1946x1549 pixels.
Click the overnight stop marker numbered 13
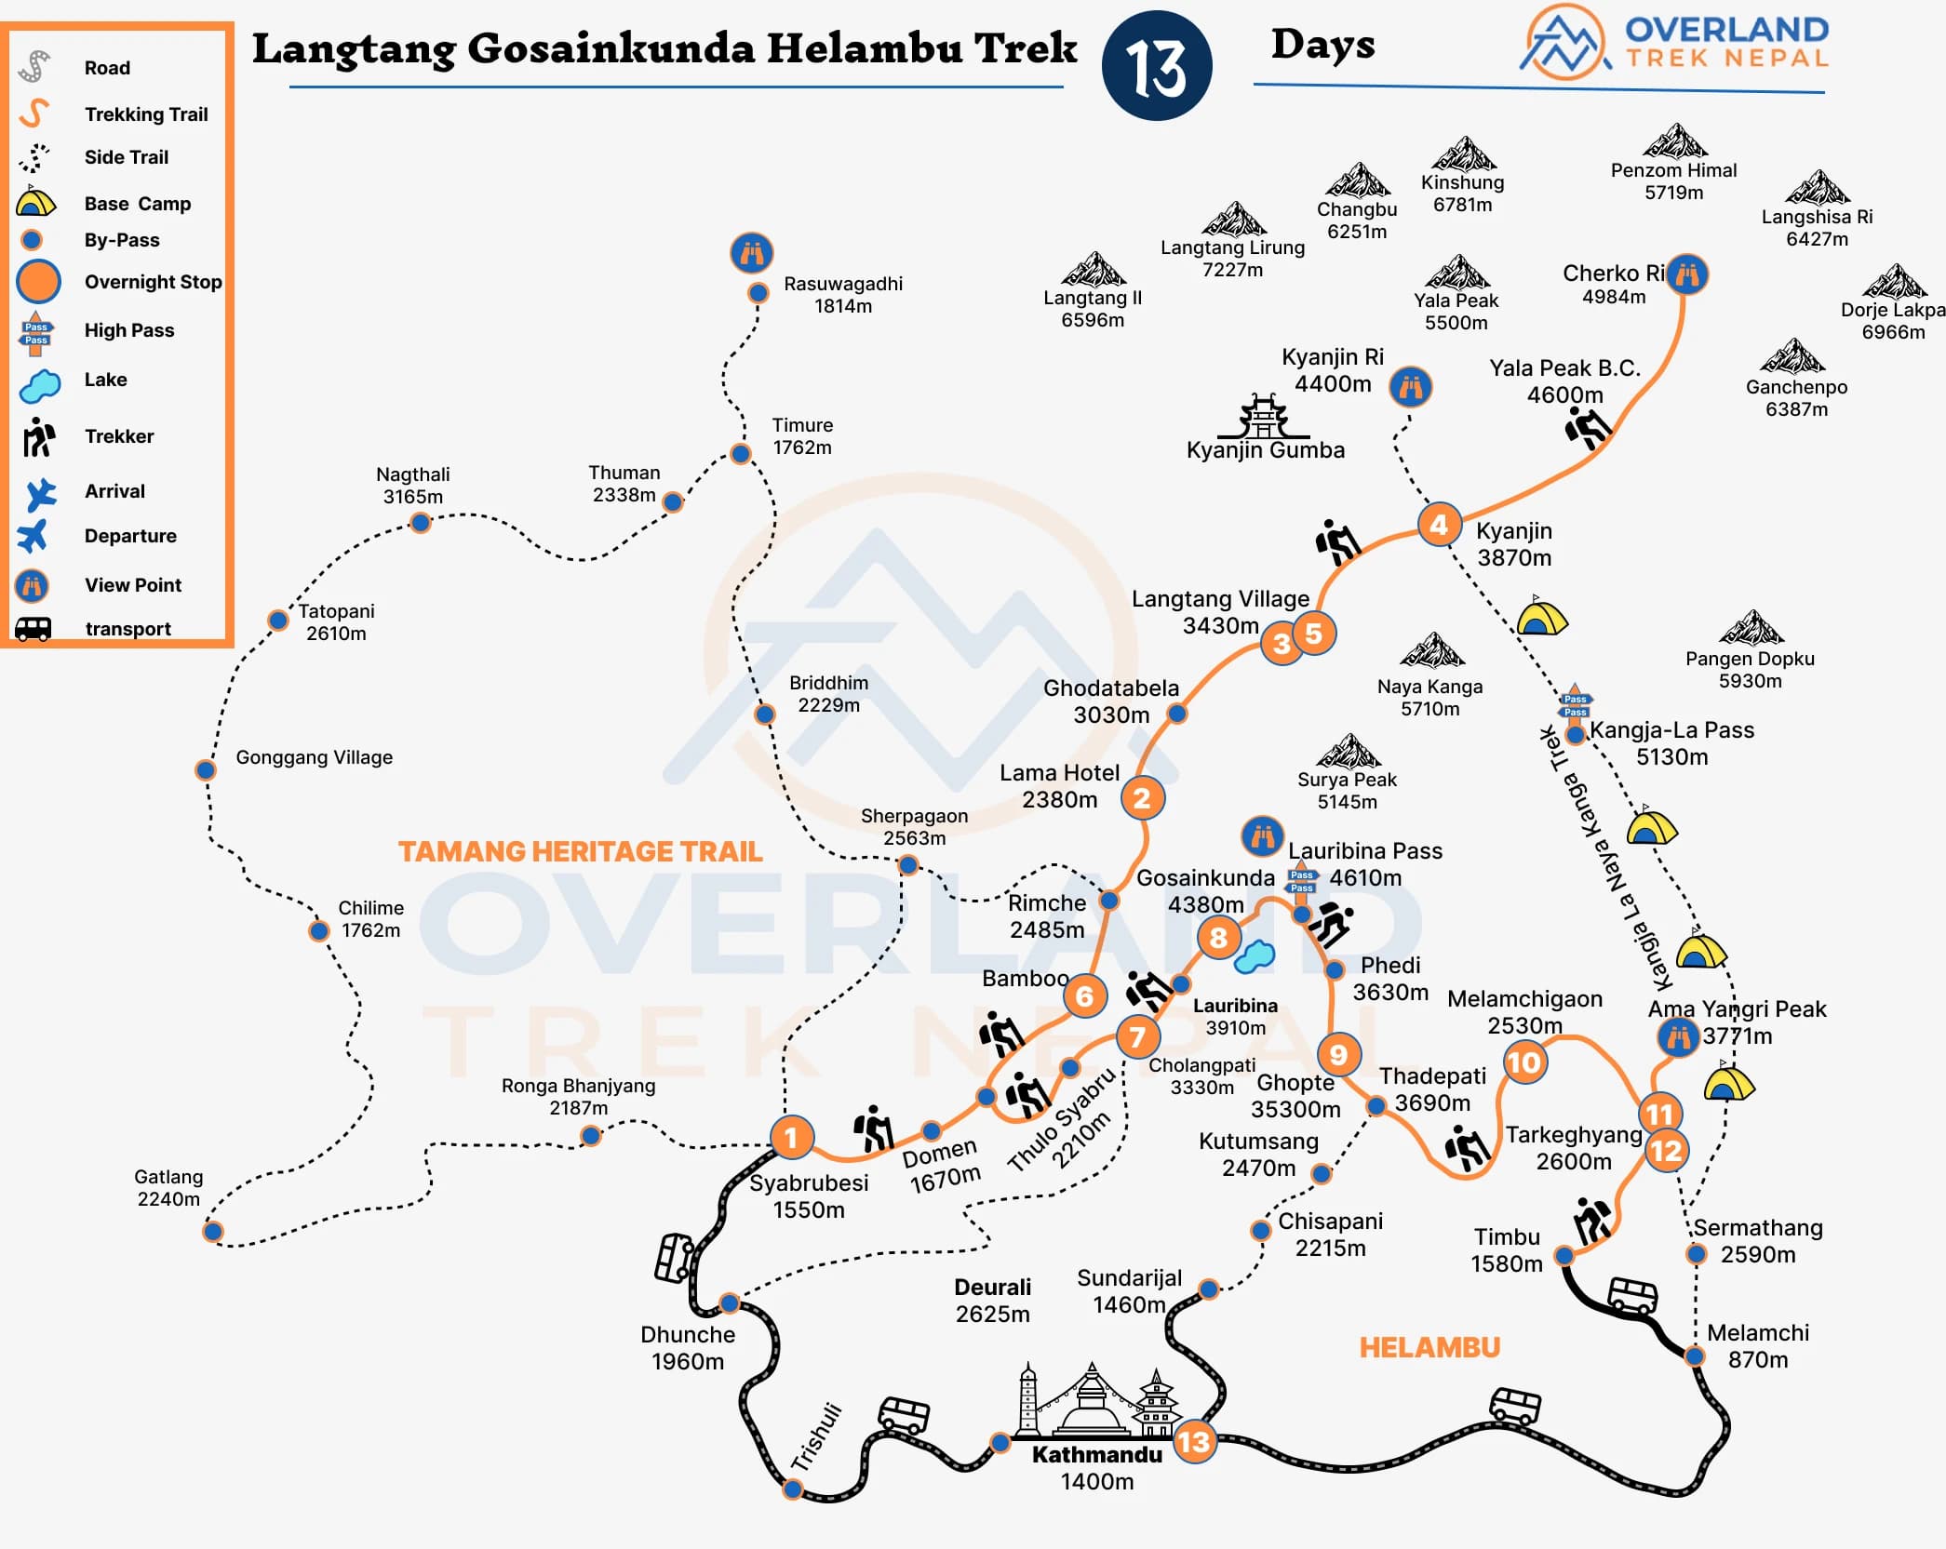click(1194, 1442)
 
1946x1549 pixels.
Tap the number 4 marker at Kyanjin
click(1439, 525)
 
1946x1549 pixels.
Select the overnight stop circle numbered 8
click(1218, 938)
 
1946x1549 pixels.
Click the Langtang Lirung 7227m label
click(1232, 259)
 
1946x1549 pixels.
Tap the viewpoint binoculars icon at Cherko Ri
click(1687, 274)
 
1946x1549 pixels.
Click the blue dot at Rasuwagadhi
click(758, 293)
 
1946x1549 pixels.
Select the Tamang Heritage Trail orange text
click(580, 851)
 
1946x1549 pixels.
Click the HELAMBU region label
click(1429, 1347)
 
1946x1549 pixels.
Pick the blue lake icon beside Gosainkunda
click(1255, 955)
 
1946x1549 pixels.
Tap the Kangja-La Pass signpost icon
click(1576, 704)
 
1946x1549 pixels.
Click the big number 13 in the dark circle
click(1157, 67)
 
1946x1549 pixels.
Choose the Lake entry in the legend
click(105, 380)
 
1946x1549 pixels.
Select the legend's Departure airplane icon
click(34, 536)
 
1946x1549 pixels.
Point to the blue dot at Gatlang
click(213, 1232)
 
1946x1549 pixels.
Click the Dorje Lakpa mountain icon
click(1895, 282)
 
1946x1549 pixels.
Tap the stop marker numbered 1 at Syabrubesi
click(792, 1137)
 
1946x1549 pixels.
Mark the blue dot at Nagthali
click(421, 523)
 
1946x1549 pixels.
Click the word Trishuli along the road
click(816, 1436)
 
